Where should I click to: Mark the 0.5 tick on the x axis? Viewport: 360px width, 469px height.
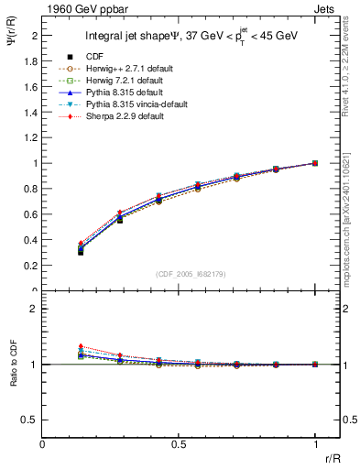click(x=179, y=445)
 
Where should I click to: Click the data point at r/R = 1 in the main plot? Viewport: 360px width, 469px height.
click(x=315, y=163)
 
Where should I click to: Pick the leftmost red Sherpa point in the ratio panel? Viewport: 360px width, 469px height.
click(x=81, y=347)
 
